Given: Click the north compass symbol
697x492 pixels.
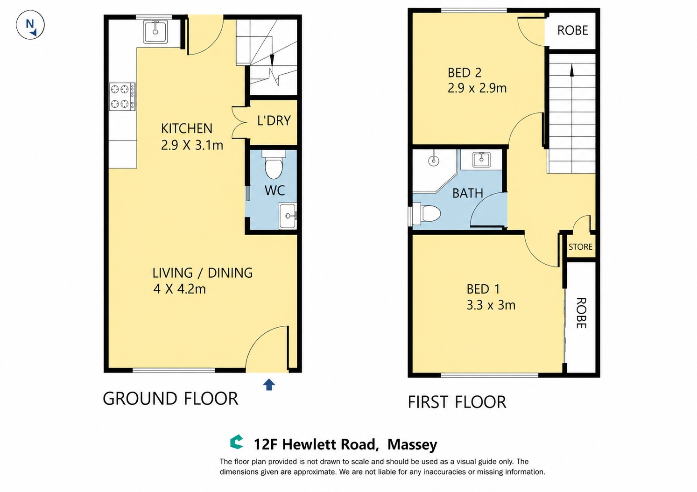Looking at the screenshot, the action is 30,25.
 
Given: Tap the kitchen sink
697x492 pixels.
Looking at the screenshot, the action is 155,31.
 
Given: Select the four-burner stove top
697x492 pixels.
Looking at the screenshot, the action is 122,97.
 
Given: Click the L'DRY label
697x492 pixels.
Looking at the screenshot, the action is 274,120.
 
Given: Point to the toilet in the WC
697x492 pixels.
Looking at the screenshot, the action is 274,164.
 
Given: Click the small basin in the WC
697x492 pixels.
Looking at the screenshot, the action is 288,216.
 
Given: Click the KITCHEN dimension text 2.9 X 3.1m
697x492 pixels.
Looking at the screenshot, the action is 192,145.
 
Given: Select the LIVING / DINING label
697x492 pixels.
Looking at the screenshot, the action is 203,273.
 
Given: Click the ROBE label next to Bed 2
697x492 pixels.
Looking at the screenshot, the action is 572,30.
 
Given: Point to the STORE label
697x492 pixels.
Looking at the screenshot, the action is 580,247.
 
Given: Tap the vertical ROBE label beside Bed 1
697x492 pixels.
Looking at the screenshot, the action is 581,313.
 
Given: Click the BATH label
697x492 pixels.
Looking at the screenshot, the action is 468,193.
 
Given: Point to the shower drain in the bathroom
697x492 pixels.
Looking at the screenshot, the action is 433,161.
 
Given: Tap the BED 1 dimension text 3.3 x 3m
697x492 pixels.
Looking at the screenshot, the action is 491,305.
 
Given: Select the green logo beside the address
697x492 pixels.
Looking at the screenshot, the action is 237,442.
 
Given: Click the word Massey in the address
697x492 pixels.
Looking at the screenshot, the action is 412,444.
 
